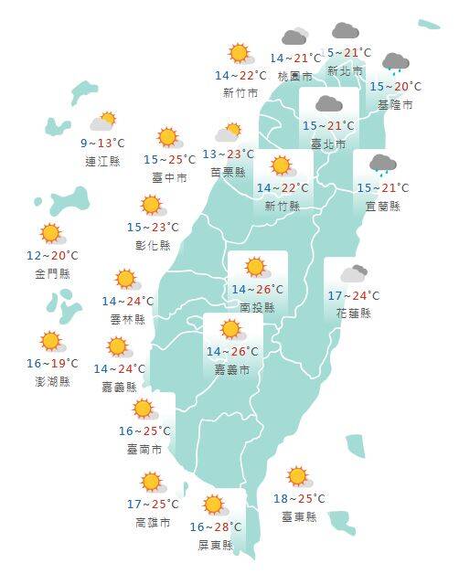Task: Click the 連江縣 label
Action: click(x=101, y=162)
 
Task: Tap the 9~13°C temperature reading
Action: click(x=101, y=143)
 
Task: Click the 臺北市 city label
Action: click(x=328, y=144)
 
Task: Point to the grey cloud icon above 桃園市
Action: click(x=294, y=37)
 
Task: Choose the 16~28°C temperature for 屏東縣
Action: click(x=216, y=527)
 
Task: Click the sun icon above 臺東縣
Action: click(x=298, y=476)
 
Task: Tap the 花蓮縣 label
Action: click(x=353, y=313)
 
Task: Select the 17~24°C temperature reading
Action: click(x=353, y=295)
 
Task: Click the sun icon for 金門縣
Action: click(x=50, y=234)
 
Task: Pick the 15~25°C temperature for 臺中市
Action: click(x=169, y=160)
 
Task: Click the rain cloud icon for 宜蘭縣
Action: click(x=381, y=165)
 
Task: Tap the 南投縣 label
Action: click(x=257, y=308)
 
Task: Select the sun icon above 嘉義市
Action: click(x=230, y=329)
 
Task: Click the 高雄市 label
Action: click(x=152, y=522)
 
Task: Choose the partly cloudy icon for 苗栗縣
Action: click(x=229, y=133)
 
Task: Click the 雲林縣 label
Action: click(x=127, y=319)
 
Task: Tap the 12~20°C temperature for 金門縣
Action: click(x=52, y=256)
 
